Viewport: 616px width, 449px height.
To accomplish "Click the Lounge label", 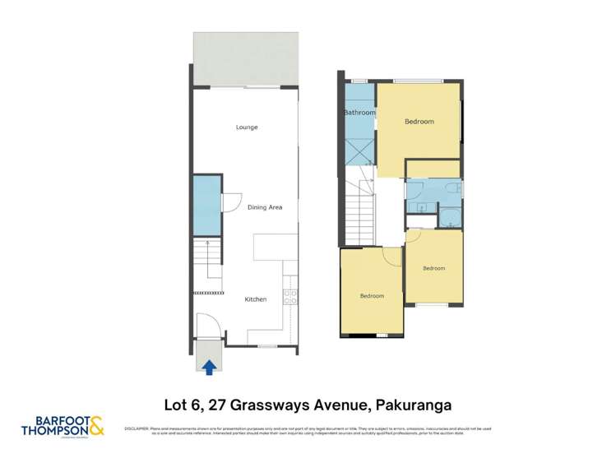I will [x=247, y=127].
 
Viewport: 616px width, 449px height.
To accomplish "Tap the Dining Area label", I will [x=265, y=207].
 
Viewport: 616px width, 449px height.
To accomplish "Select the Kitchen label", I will [x=256, y=299].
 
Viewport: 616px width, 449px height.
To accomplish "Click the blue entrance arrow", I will [x=210, y=368].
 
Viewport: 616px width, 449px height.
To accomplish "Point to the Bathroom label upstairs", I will [x=359, y=113].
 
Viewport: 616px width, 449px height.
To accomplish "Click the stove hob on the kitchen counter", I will [x=289, y=297].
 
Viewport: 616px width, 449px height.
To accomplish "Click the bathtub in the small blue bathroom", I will [x=449, y=219].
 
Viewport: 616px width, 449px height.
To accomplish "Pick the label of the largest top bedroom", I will [x=419, y=122].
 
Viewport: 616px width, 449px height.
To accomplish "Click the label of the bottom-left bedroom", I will [x=371, y=296].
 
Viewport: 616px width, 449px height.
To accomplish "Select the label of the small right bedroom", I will [x=433, y=268].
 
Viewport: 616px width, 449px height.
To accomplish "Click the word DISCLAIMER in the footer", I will [x=136, y=428].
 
